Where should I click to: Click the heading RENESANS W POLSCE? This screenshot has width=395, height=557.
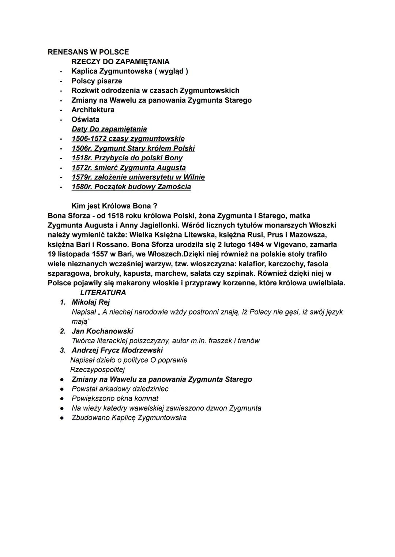(88, 52)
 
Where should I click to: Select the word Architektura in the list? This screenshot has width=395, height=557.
(93, 110)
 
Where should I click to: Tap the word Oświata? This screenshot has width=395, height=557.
(85, 119)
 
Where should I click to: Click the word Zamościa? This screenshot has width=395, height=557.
(174, 187)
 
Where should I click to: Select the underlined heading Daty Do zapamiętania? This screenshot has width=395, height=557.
(109, 129)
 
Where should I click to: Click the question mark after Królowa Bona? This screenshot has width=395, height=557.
(155, 206)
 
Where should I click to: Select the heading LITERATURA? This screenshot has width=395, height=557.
(103, 293)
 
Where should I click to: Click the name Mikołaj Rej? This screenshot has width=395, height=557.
(91, 302)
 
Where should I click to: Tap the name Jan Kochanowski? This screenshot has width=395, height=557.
(102, 331)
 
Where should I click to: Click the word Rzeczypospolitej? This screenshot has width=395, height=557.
(97, 369)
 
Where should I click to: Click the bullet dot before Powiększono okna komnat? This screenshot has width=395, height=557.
(63, 398)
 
